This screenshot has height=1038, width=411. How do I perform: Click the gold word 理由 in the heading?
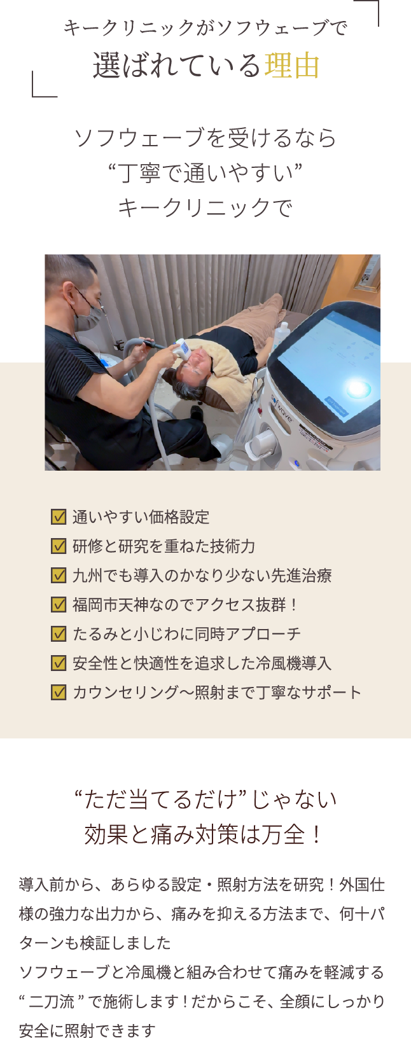point(292,66)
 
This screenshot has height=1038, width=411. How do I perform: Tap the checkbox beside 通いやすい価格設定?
point(59,516)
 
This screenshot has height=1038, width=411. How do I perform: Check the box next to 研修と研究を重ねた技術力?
point(59,546)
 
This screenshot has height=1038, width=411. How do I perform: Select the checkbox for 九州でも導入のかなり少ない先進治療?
point(59,575)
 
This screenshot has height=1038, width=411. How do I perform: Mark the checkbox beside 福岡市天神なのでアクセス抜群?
point(59,604)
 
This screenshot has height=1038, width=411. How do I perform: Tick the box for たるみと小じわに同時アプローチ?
point(59,633)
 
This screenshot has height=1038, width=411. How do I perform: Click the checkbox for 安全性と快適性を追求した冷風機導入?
point(59,663)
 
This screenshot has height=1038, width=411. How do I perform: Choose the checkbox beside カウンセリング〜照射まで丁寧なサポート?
point(59,692)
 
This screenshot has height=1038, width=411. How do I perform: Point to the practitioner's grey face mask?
point(88,317)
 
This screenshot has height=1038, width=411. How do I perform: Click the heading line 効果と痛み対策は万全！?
point(204,834)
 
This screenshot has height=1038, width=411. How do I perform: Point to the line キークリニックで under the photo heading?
point(205,207)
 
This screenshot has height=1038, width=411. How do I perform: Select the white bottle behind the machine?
point(281,336)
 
